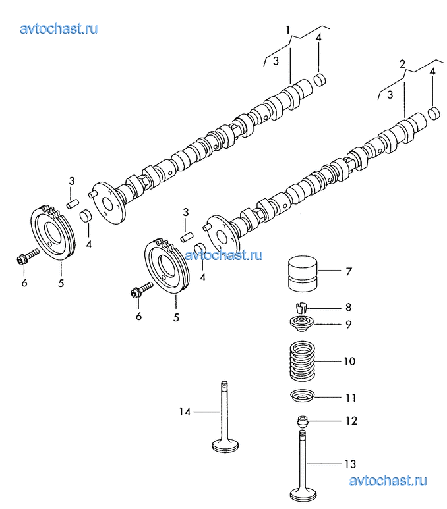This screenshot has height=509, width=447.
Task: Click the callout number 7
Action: point(349,271)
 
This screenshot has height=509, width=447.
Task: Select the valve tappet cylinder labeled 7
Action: point(303,274)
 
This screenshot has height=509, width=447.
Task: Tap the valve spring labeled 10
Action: point(302,361)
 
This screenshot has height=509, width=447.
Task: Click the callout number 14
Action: point(185,412)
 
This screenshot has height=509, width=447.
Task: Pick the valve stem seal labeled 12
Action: point(303,421)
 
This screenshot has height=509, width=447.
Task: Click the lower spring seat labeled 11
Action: point(303,396)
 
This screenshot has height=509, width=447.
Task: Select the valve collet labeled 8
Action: point(301,307)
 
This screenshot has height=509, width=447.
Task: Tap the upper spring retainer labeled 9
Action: point(302,324)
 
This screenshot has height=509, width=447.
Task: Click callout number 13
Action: point(350,464)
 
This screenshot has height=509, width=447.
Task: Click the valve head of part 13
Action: point(303,494)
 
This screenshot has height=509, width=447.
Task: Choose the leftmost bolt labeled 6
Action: point(28,256)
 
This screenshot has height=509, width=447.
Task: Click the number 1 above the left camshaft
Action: point(287,30)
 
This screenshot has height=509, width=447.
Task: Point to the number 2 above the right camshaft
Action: point(402,64)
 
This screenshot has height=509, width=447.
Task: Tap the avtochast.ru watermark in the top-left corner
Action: point(59,29)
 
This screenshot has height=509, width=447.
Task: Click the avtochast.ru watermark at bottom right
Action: point(388,481)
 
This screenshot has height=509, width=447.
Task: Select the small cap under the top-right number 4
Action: point(320,80)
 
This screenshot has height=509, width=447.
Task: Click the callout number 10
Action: point(349,362)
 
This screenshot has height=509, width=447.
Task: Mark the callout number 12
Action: point(351,421)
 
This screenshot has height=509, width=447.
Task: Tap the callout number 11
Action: point(351,398)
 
